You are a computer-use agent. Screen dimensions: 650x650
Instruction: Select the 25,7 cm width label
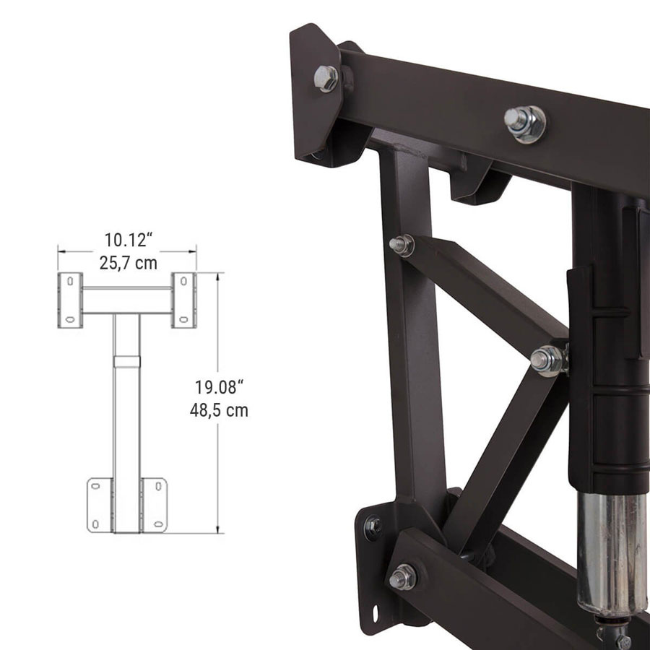(x=128, y=262)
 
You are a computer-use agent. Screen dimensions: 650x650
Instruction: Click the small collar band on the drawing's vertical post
(x=127, y=359)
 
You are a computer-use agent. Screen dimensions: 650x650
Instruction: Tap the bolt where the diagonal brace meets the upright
(x=402, y=246)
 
